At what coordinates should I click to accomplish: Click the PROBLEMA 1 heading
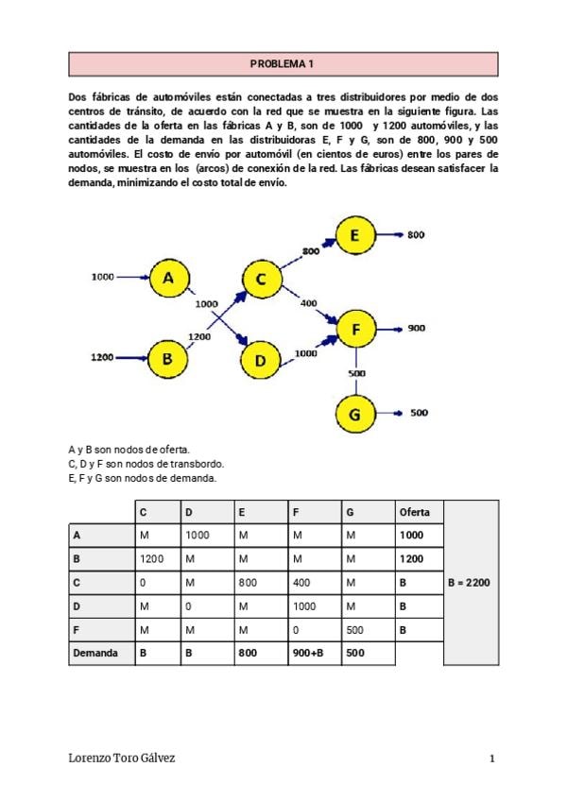[283, 64]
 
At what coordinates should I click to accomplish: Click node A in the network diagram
[168, 278]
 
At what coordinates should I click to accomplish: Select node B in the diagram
[167, 358]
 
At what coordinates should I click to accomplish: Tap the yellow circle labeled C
[261, 279]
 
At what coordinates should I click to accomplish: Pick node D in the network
[261, 358]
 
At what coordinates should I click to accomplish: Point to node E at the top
[354, 236]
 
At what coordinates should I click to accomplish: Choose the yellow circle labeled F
[355, 329]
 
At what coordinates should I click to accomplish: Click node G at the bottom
[355, 414]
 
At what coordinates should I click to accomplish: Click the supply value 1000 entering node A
[102, 277]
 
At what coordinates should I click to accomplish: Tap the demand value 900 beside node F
[417, 329]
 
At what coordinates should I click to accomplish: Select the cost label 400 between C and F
[308, 303]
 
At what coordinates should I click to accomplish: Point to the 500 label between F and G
[357, 373]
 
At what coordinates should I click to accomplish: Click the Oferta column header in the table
[415, 512]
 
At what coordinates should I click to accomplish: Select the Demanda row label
[95, 653]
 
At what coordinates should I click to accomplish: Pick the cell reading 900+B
[308, 653]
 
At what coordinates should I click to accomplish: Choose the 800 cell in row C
[249, 583]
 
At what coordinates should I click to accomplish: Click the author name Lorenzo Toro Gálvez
[122, 758]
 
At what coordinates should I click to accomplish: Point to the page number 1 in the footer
[492, 758]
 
